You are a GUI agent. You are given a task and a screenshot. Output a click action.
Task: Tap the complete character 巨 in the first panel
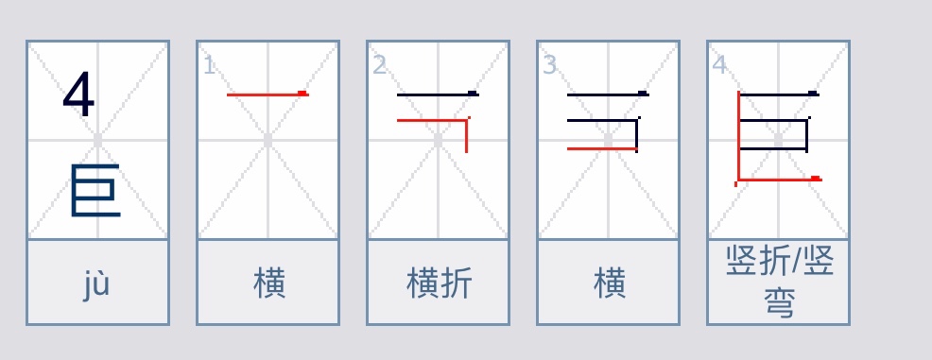95,190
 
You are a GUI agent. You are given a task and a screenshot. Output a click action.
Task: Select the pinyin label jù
96,283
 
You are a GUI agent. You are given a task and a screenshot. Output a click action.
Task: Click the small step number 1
209,65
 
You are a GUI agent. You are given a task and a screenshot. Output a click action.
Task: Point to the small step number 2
379,65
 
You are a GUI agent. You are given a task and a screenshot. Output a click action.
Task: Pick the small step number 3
549,65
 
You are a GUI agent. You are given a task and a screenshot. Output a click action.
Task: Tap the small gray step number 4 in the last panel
719,65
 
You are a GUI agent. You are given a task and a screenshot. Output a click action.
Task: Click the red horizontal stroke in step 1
267,94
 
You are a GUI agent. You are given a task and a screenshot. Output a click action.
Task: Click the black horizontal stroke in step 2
437,94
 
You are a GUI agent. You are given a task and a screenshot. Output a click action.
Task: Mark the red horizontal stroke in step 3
601,149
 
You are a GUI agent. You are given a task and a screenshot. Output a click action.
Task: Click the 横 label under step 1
269,283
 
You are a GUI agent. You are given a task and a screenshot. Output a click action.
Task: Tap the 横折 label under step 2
439,283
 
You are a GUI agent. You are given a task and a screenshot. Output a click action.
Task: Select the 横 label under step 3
610,283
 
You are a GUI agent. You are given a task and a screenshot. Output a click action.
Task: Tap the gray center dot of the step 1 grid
268,140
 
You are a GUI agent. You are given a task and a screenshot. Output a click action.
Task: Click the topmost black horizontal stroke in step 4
779,94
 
